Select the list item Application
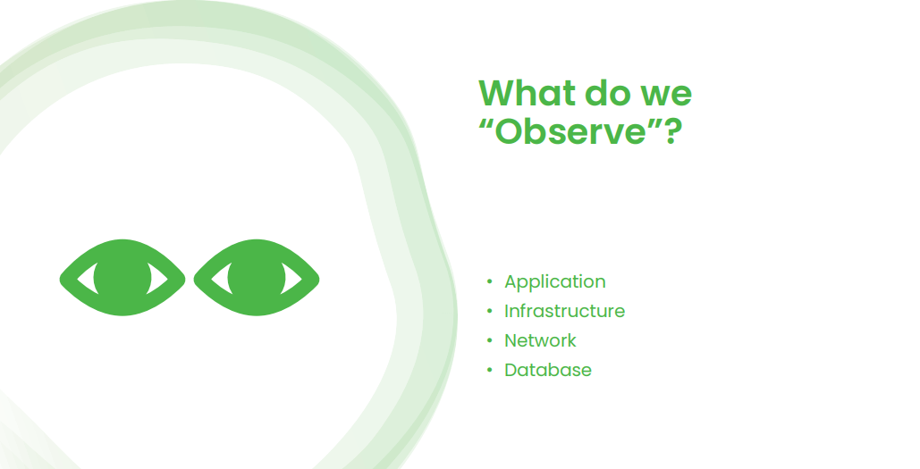click(x=554, y=281)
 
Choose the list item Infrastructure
click(x=564, y=311)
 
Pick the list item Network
click(x=540, y=340)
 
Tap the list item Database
click(x=547, y=370)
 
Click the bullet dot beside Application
click(x=489, y=281)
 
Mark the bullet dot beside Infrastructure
click(x=489, y=311)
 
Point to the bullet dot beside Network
click(x=489, y=340)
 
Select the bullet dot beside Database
click(x=489, y=370)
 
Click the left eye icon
click(x=122, y=278)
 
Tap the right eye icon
click(x=257, y=278)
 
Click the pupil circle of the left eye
click(x=122, y=278)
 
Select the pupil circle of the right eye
click(x=256, y=278)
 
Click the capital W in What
click(x=497, y=94)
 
